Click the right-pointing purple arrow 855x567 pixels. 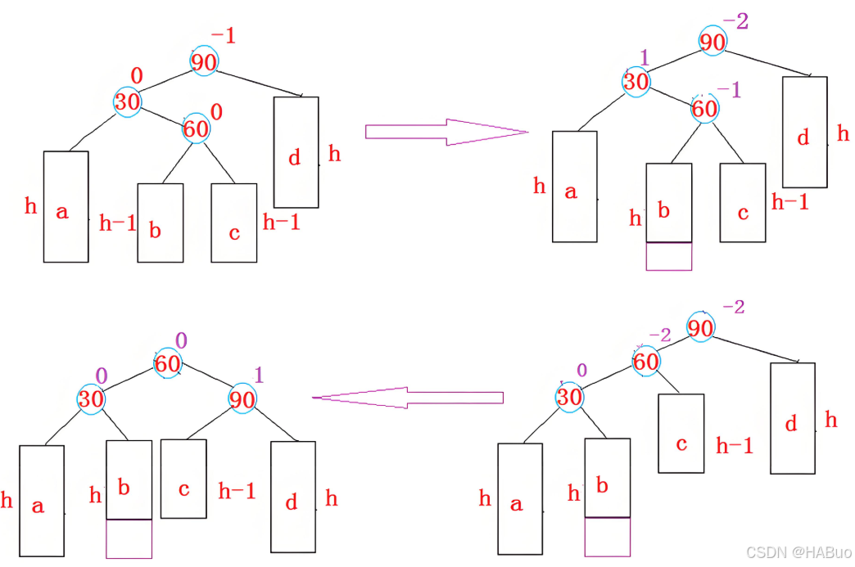[446, 132]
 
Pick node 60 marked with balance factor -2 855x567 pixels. [646, 360]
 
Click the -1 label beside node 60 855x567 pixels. [728, 91]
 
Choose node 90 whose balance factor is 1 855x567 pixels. [242, 399]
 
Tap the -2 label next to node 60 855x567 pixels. [659, 335]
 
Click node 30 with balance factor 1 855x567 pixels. [636, 82]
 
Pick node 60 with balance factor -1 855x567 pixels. [704, 109]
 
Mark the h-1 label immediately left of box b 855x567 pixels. [117, 223]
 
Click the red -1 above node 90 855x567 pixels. [223, 36]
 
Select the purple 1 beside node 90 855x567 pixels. [260, 376]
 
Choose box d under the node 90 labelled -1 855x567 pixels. [296, 152]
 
